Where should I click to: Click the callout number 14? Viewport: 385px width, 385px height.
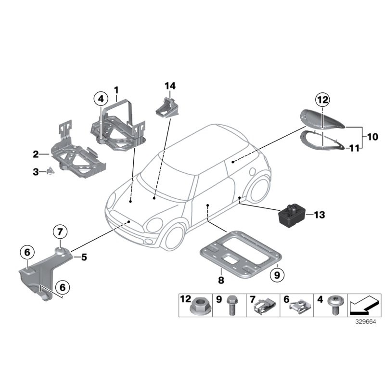170,86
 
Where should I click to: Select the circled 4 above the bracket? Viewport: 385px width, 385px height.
101,99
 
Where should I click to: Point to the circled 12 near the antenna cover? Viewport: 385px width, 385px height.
322,100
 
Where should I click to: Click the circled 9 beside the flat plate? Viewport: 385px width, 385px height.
277,275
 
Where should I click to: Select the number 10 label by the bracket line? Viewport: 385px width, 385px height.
372,137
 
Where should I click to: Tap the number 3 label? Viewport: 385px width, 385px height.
36,171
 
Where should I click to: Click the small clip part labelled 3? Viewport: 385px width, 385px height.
50,171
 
